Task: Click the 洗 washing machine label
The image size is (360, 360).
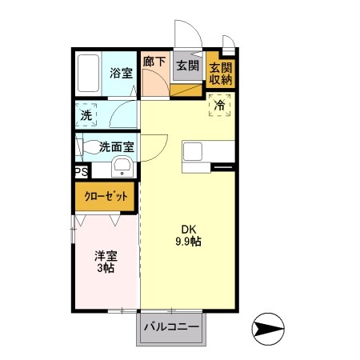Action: [x=86, y=114]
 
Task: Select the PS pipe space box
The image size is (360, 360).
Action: [x=81, y=172]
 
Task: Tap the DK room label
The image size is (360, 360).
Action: [x=189, y=227]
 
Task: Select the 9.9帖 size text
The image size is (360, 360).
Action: [x=189, y=241]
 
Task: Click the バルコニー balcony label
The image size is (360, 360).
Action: [x=170, y=326]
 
